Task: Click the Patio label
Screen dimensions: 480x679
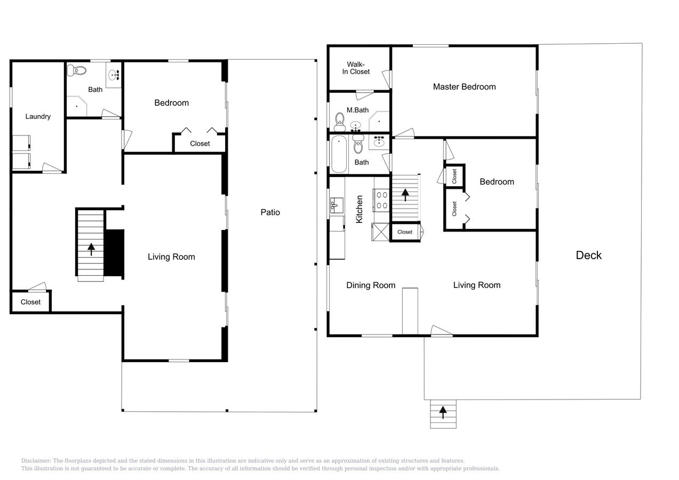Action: (x=270, y=212)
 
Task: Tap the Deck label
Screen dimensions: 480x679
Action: (x=588, y=255)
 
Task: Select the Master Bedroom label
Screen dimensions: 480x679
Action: (x=464, y=87)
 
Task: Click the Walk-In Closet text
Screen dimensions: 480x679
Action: (x=356, y=68)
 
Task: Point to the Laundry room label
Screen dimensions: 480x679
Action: (x=38, y=116)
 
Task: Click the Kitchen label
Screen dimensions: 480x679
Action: (x=360, y=209)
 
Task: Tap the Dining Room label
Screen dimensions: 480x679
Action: (x=371, y=285)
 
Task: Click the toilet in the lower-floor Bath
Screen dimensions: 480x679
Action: (x=78, y=70)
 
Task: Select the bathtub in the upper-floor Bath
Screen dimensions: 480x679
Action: (x=339, y=155)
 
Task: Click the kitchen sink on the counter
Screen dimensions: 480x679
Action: (x=337, y=205)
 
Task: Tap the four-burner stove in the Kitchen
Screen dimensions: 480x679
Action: (x=382, y=200)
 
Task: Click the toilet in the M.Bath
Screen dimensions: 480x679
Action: (x=339, y=122)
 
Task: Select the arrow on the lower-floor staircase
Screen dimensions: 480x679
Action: (x=91, y=249)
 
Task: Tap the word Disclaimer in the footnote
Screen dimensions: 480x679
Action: (x=36, y=461)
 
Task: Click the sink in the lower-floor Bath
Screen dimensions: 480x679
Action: (x=114, y=75)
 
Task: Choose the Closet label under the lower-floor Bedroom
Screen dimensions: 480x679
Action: (x=200, y=143)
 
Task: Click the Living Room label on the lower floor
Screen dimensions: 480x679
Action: (x=171, y=257)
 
